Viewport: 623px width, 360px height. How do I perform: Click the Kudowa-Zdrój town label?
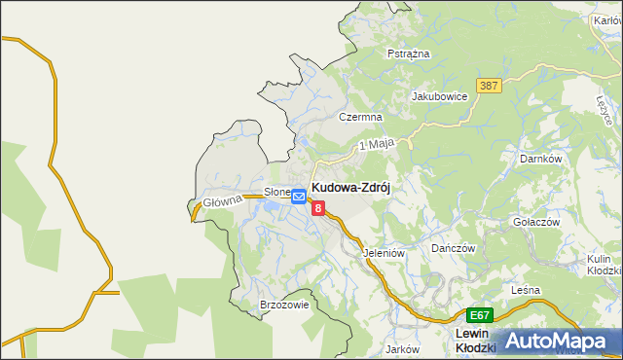350,189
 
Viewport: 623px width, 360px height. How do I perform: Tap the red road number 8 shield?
318,207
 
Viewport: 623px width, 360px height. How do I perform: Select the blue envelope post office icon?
299,197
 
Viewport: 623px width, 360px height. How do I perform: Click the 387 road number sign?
489,86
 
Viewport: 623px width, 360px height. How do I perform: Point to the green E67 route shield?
479,315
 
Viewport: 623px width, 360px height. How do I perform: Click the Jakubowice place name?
440,96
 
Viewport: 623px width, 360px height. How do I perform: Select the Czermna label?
357,116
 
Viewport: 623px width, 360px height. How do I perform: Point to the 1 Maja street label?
376,144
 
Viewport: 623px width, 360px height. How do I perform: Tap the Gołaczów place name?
536,222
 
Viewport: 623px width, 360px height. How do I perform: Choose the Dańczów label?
453,248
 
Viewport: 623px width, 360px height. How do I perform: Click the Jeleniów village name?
383,253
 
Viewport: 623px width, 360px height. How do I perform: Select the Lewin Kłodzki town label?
477,341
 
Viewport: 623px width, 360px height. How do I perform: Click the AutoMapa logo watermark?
560,341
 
